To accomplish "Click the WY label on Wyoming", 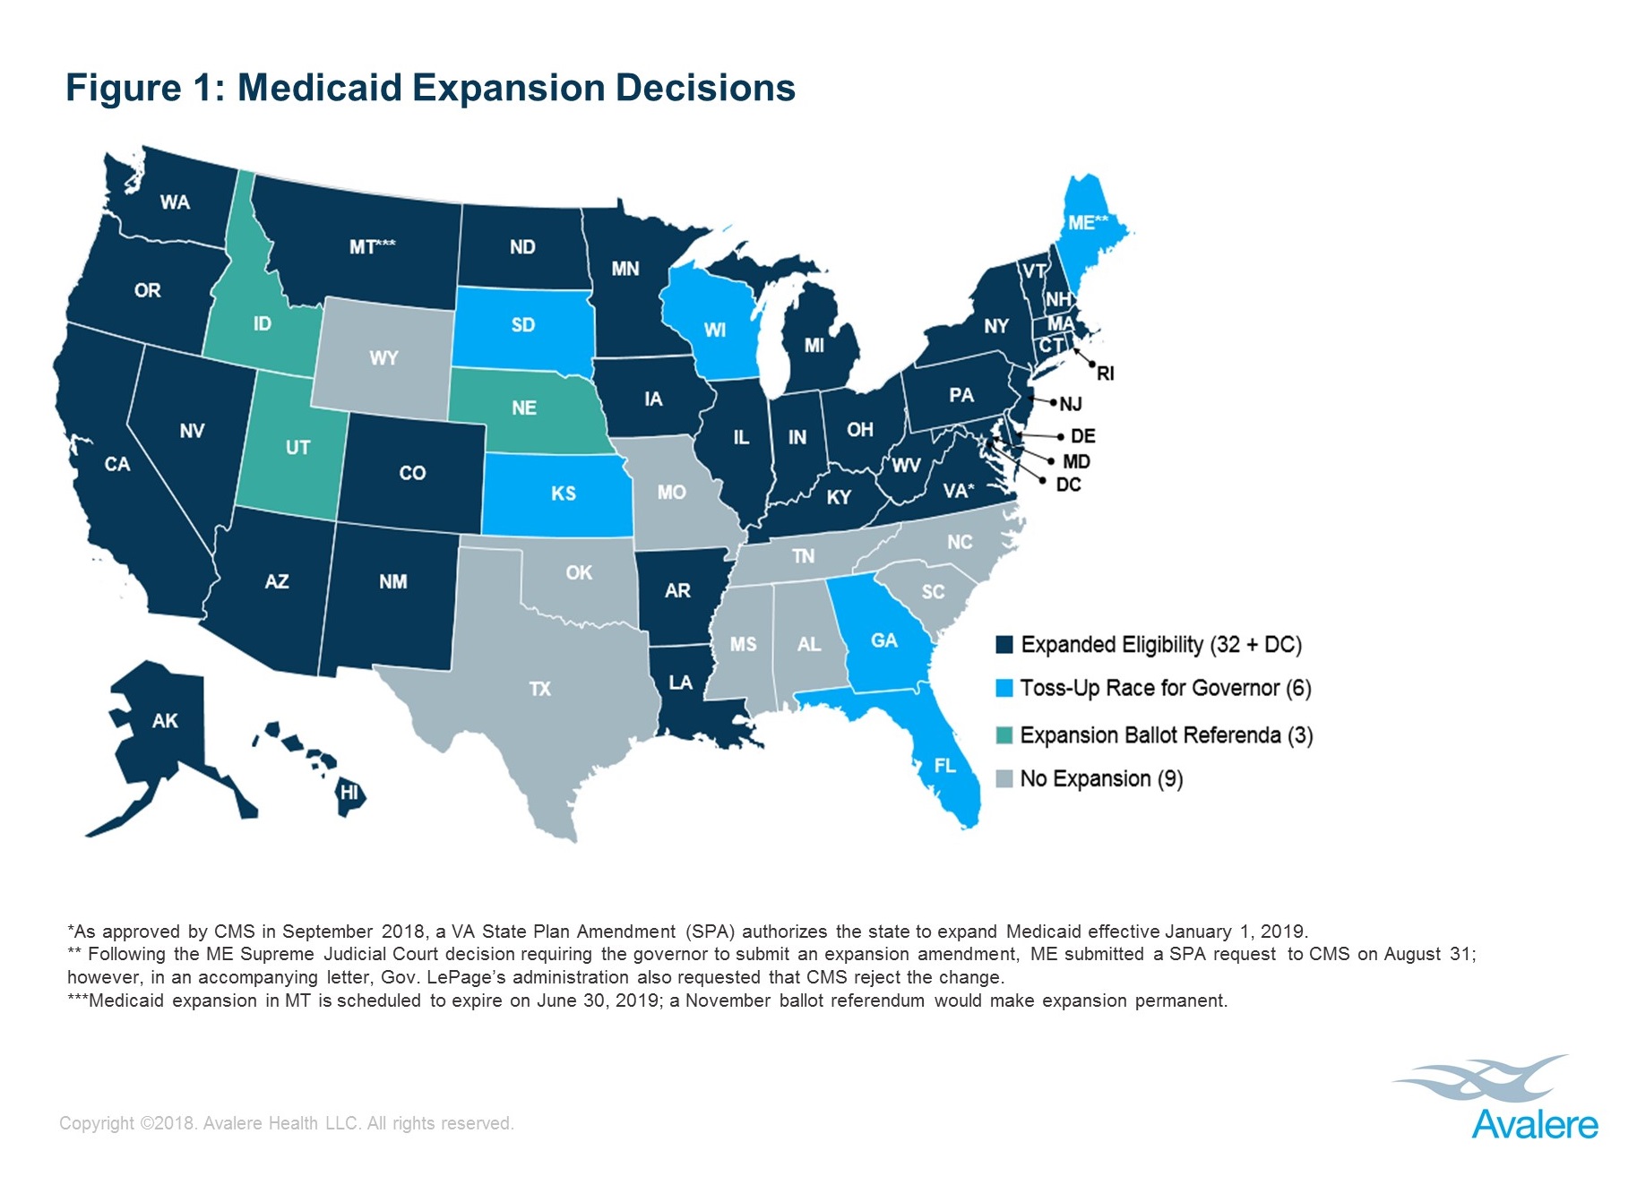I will [x=383, y=358].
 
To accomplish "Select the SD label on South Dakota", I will [x=522, y=324].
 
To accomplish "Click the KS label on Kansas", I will [x=563, y=494].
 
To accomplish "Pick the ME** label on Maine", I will [x=1088, y=222].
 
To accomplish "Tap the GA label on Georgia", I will [x=883, y=640].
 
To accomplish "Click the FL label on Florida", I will [x=944, y=766].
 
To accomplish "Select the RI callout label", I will [x=1106, y=374].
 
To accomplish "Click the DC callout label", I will [x=1068, y=485].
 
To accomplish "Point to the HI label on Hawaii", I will [x=349, y=793].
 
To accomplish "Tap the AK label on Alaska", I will [x=165, y=721].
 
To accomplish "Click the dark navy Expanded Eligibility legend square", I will [x=1004, y=645].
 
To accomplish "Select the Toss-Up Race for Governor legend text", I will [x=1165, y=688].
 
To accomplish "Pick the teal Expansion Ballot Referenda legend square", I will [x=1004, y=735].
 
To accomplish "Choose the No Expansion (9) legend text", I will [x=1101, y=778].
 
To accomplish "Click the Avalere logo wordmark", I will [x=1534, y=1125].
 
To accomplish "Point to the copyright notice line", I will [x=287, y=1123].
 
